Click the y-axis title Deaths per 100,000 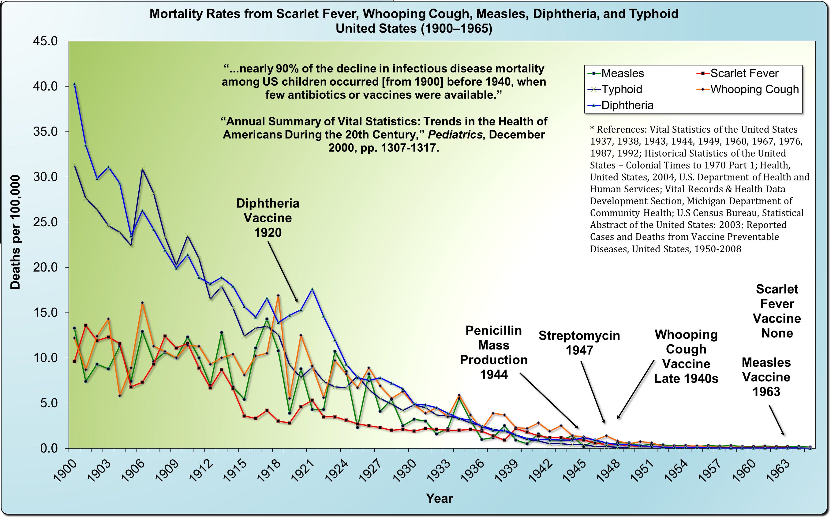(x=15, y=232)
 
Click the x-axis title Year (x=439, y=498)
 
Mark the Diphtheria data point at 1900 (x=74, y=84)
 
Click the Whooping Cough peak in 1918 (x=278, y=295)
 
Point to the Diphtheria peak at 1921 (x=312, y=289)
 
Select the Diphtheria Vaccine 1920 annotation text (x=268, y=218)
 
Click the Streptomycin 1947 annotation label (x=579, y=342)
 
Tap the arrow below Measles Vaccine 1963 (x=777, y=420)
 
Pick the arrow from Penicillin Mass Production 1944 (x=549, y=401)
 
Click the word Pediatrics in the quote (x=455, y=135)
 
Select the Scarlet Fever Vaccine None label (x=777, y=311)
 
